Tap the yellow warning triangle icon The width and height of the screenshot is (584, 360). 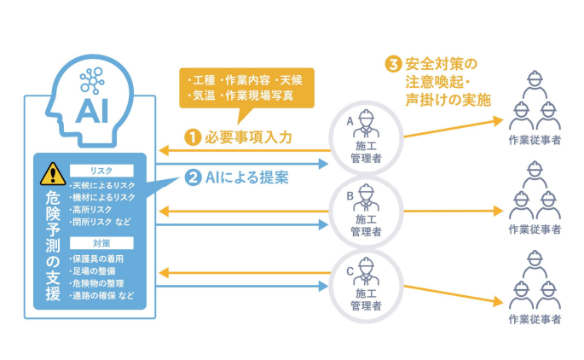tap(53, 173)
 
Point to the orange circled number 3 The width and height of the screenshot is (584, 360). tap(392, 64)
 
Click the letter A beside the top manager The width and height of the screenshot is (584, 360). tap(350, 122)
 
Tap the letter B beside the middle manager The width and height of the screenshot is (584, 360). tap(350, 195)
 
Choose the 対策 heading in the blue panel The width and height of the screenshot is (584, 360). tap(102, 242)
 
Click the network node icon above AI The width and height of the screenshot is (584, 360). tap(91, 80)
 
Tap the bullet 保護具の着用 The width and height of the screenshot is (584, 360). tap(102, 258)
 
